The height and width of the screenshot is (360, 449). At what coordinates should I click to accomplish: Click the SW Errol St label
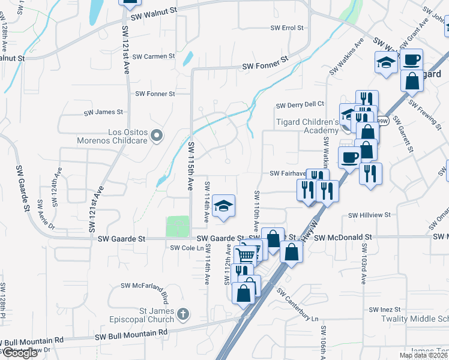(x=287, y=28)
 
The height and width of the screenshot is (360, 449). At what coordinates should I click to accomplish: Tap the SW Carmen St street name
(x=154, y=56)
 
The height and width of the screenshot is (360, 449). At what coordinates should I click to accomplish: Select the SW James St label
(x=103, y=112)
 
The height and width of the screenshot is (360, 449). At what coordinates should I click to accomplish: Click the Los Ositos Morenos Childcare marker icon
(x=157, y=136)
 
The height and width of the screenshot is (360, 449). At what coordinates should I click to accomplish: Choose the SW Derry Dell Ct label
(x=300, y=105)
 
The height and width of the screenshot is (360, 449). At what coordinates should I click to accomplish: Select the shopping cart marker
(x=246, y=255)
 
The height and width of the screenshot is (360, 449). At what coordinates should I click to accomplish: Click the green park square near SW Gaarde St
(x=177, y=227)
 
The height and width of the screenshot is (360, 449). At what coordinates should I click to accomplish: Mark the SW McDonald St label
(x=343, y=238)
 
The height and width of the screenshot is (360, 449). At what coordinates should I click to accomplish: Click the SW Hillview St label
(x=370, y=214)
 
